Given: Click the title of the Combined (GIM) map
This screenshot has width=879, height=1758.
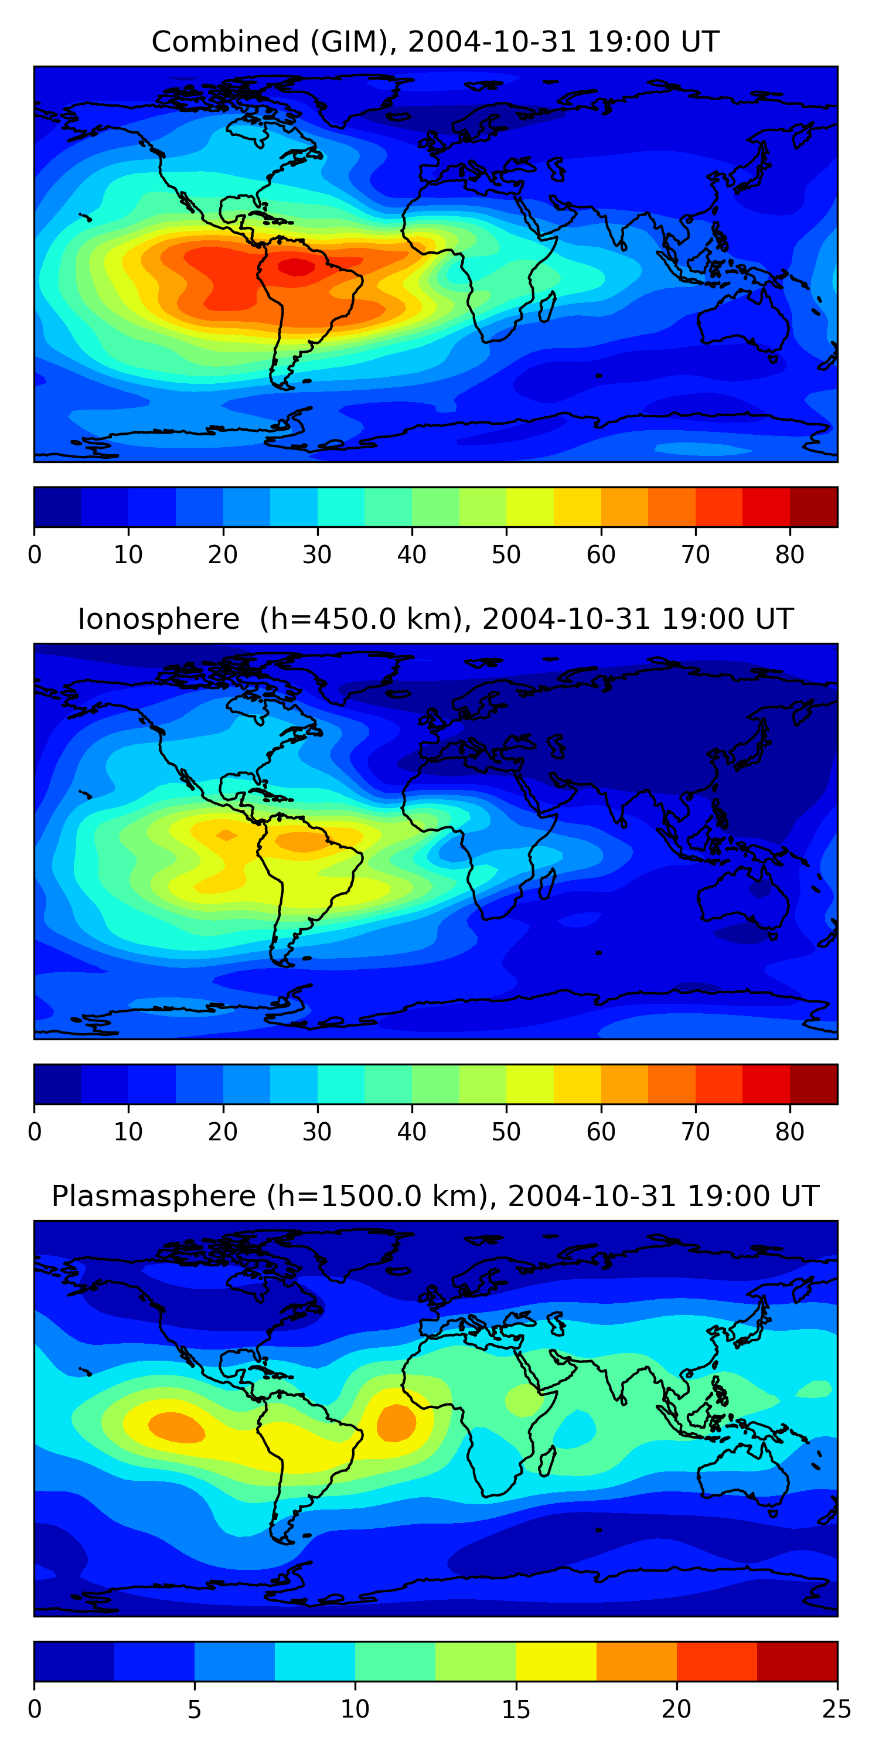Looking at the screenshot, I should (x=435, y=42).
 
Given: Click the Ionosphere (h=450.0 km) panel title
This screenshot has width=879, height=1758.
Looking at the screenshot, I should (x=435, y=619).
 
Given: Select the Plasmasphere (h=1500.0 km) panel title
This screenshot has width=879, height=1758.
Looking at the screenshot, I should (x=435, y=1197).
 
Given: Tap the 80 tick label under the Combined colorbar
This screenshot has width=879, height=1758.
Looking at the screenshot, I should (x=789, y=555).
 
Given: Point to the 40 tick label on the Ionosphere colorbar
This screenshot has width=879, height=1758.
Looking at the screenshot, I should (x=411, y=1132).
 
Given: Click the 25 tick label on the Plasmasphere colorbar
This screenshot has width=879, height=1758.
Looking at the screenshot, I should (x=837, y=1709).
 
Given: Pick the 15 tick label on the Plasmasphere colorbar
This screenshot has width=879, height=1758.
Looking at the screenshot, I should (x=516, y=1709).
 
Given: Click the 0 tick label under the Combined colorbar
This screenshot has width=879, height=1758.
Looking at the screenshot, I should (x=35, y=555).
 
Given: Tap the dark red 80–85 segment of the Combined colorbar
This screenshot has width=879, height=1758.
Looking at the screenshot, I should (x=813, y=507).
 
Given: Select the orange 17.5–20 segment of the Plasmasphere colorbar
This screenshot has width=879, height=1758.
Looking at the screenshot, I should (x=637, y=1662).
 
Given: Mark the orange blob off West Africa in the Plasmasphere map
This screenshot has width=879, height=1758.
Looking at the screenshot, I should (x=396, y=1423).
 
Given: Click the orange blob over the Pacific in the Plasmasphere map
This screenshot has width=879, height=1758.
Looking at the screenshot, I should (x=176, y=1427).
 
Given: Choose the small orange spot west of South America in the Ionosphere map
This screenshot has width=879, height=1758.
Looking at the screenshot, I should (x=226, y=834).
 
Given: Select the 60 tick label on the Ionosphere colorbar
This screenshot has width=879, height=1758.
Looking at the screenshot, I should (x=601, y=1132).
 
